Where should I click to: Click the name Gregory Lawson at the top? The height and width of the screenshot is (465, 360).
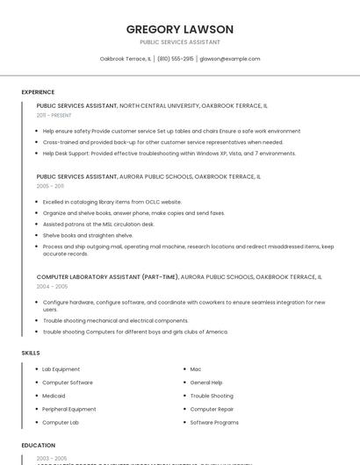[179, 28]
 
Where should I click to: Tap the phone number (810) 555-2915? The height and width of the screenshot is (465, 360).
[176, 59]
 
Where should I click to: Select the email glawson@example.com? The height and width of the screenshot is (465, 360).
[230, 59]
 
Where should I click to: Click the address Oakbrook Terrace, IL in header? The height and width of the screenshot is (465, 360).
[126, 59]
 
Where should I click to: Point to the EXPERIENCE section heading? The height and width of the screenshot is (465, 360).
[38, 92]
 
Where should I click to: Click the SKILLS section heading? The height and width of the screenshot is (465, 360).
[31, 353]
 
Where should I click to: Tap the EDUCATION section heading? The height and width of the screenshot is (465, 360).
[39, 445]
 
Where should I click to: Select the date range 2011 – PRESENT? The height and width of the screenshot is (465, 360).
[54, 115]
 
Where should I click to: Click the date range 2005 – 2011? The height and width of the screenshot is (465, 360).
[50, 186]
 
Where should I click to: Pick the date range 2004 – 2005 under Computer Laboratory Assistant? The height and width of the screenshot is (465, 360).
[52, 286]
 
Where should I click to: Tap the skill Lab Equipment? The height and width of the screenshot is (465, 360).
[61, 369]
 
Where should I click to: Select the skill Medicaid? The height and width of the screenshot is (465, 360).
[55, 396]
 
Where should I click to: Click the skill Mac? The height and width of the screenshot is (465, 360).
[196, 369]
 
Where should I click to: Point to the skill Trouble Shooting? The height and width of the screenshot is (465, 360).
[212, 396]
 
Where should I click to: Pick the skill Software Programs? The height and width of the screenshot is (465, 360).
[214, 422]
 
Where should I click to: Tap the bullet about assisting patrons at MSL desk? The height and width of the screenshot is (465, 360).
[98, 224]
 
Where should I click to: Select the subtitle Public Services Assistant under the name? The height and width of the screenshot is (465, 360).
[179, 41]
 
